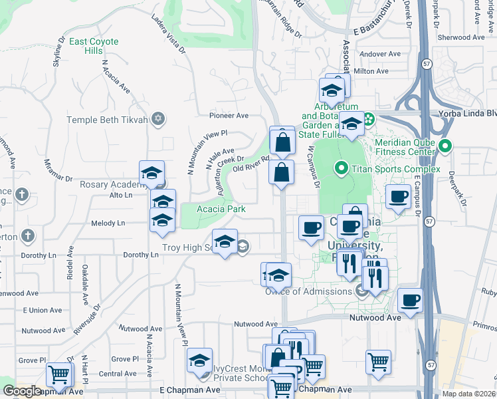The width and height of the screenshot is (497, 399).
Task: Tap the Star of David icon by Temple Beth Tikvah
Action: [x=157, y=120]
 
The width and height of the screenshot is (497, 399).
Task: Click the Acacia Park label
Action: [x=221, y=209]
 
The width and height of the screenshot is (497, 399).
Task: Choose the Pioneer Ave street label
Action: [x=229, y=114]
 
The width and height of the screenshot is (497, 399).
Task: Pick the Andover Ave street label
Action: [x=379, y=54]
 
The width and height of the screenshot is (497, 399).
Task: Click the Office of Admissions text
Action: [x=308, y=291]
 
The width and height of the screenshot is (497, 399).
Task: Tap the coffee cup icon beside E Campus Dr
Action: [x=399, y=197]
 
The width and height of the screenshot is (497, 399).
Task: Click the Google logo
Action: [x=23, y=391]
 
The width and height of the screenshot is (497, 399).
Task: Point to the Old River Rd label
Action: [x=250, y=164]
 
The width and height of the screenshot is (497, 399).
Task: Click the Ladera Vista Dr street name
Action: [x=169, y=31]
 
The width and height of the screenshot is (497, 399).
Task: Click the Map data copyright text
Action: [x=468, y=394]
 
